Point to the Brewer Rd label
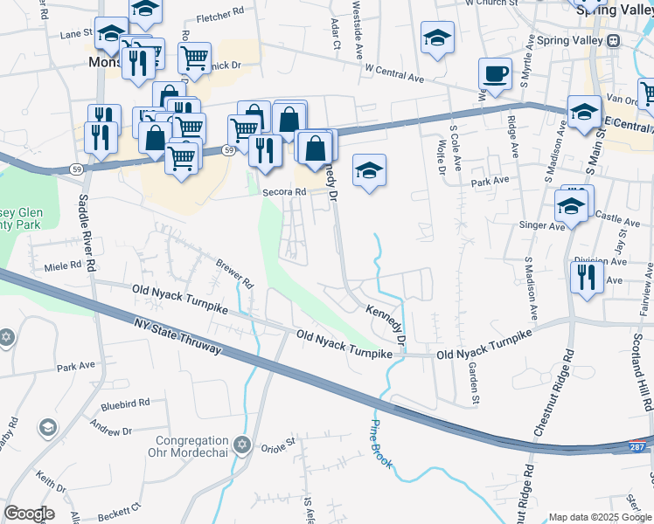click(x=233, y=271)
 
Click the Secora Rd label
click(x=283, y=194)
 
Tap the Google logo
click(x=29, y=514)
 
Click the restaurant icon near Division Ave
click(x=585, y=277)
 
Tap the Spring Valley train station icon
click(x=614, y=41)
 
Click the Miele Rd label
click(x=62, y=264)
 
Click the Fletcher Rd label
click(x=220, y=16)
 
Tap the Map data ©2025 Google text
click(x=599, y=517)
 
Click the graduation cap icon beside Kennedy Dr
click(x=369, y=169)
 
